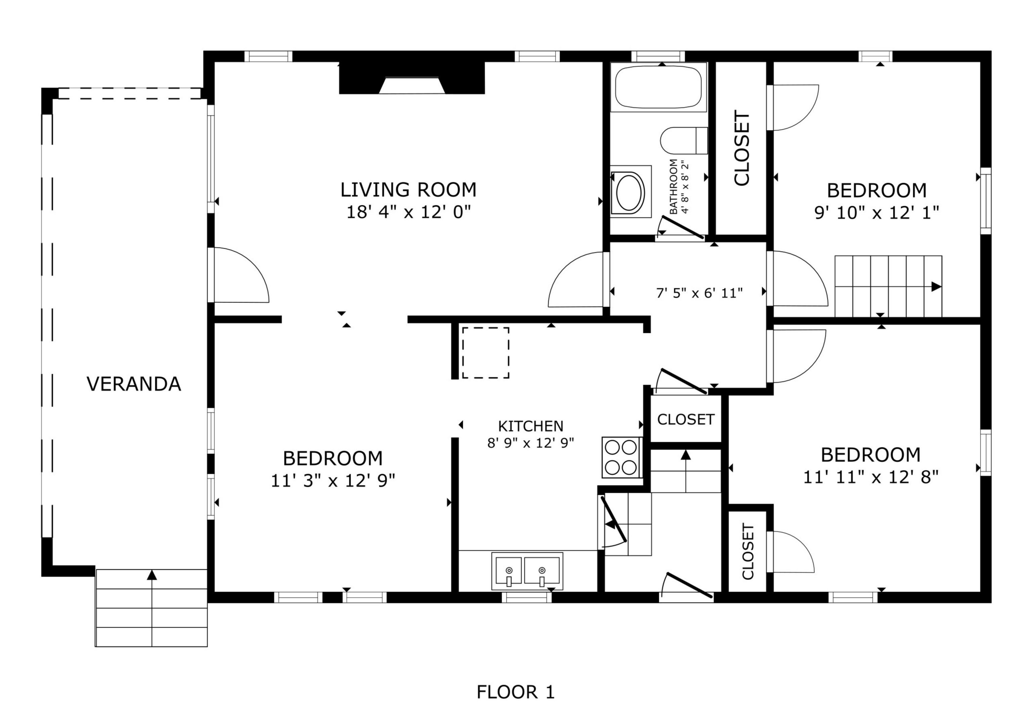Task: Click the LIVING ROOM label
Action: pyautogui.click(x=408, y=190)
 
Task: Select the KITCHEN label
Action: pyautogui.click(x=530, y=425)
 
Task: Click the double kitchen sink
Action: pyautogui.click(x=527, y=571)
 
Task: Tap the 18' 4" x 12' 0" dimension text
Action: pyautogui.click(x=408, y=212)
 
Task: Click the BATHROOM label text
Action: pyautogui.click(x=673, y=186)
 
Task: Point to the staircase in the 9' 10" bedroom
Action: pyautogui.click(x=889, y=286)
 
